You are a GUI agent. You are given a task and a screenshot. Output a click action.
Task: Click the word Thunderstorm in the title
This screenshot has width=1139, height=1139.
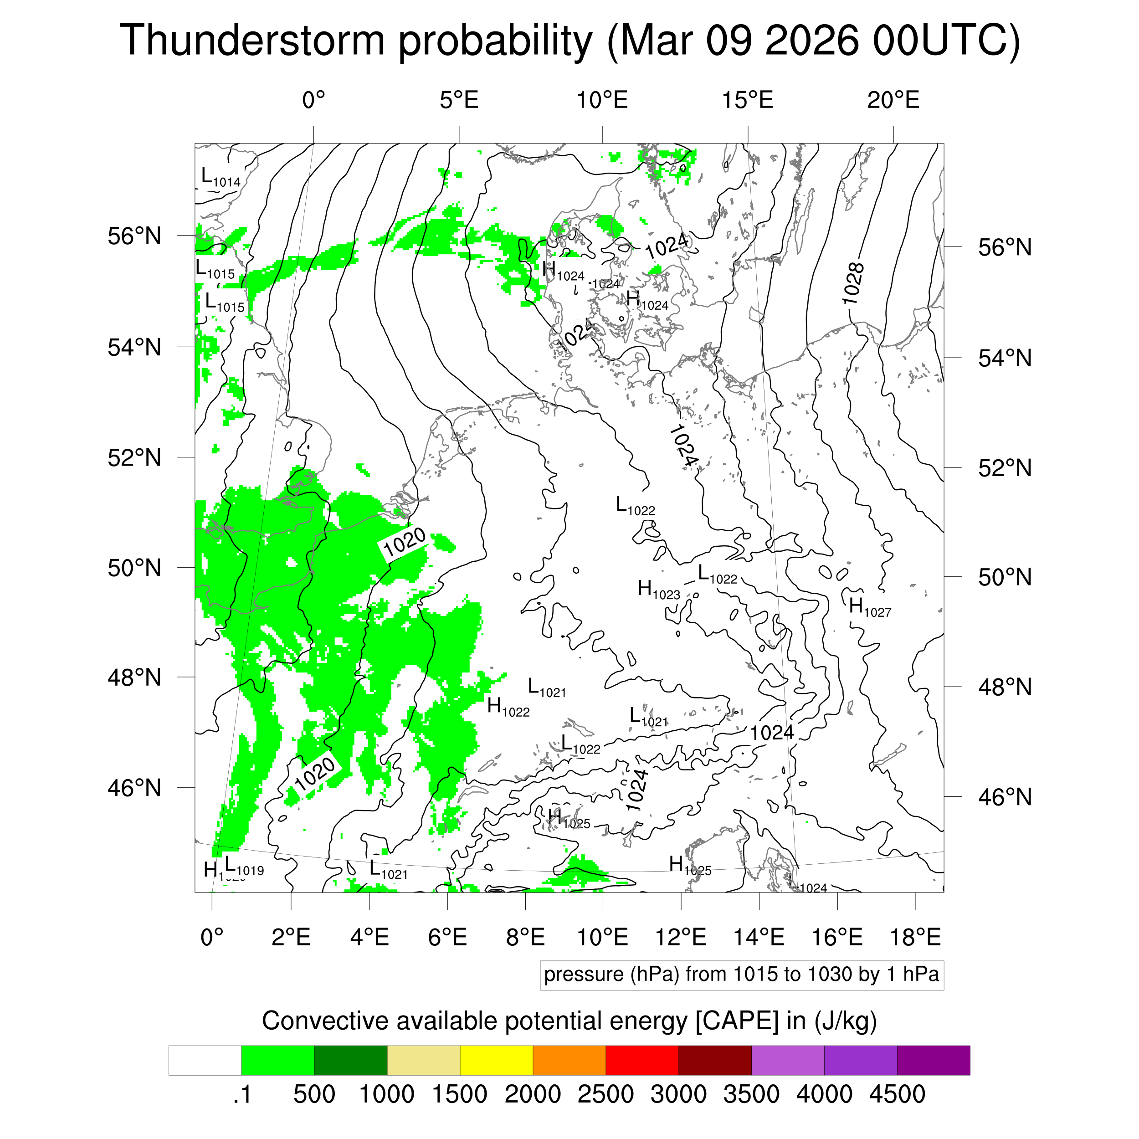point(252,41)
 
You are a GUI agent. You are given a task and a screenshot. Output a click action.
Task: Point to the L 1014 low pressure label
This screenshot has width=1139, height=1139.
point(221,177)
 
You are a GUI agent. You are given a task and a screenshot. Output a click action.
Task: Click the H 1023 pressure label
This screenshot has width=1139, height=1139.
point(658,589)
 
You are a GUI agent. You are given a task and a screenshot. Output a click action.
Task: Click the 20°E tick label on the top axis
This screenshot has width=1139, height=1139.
point(893,100)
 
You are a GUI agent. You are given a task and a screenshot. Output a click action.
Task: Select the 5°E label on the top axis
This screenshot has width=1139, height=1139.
point(459,100)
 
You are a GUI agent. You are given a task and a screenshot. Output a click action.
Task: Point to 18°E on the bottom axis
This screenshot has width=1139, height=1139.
point(915,937)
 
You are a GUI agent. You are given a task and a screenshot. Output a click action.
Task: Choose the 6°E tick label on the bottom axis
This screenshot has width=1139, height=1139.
point(447,937)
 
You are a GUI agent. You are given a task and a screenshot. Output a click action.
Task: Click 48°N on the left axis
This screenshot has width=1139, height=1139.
point(134,677)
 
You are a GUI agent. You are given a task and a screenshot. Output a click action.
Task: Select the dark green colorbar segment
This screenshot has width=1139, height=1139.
point(350,1061)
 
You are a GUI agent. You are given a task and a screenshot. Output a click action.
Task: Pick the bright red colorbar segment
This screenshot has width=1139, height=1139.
point(641,1061)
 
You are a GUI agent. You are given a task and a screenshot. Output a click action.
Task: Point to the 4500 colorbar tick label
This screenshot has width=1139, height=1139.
point(897,1094)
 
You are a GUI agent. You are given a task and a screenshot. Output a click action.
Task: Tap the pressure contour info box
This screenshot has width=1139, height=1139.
point(741,975)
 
